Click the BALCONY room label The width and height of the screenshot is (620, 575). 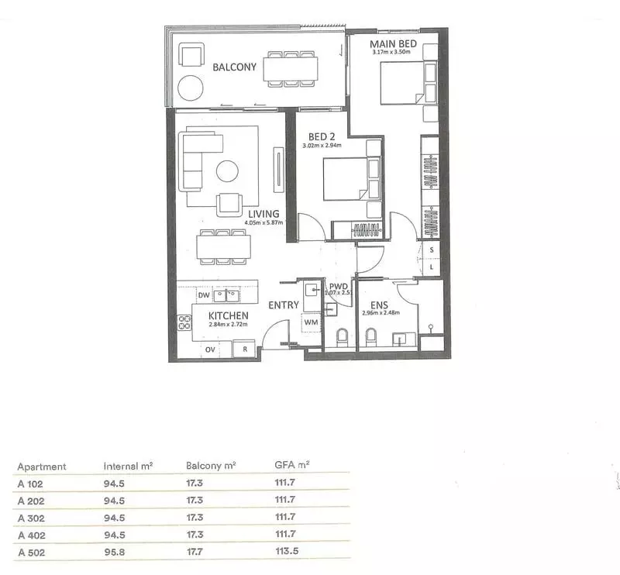point(234,67)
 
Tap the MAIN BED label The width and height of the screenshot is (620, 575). point(393,44)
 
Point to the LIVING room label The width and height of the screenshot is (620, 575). point(263,213)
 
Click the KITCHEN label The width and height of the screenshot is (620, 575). point(228,316)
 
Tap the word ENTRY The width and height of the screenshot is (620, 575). point(284,305)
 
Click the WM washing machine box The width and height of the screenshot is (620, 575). point(312,322)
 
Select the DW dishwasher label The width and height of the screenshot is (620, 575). point(202,295)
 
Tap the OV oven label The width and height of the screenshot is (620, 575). point(209,350)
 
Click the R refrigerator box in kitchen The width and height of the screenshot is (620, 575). point(244,350)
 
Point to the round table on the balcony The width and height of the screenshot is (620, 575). point(188,87)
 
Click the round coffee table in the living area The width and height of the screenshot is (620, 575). point(228,170)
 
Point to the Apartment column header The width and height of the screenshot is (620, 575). point(42,467)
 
